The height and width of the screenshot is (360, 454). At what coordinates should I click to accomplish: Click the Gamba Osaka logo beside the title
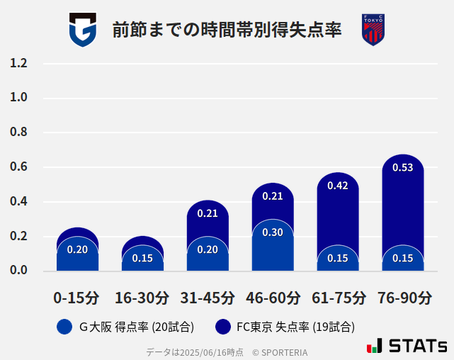point(82,30)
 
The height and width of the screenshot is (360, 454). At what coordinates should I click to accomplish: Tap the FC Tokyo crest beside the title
point(373,30)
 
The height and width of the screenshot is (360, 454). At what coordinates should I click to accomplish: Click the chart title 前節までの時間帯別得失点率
point(227,30)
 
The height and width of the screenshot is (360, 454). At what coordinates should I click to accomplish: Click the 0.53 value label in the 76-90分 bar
point(402,168)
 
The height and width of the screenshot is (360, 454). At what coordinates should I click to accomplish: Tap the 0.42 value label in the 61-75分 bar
point(338,186)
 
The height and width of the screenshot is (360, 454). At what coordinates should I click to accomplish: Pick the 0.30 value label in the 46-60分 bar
point(273,232)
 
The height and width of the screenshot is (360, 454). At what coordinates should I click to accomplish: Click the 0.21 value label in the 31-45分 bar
point(208,213)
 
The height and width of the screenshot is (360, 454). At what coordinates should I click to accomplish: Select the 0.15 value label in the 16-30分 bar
point(142,258)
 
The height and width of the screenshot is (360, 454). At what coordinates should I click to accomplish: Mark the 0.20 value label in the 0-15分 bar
point(77,249)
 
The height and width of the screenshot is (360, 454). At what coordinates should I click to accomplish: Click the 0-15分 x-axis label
point(76,298)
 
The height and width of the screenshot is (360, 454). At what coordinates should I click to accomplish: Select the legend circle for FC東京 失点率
point(223,327)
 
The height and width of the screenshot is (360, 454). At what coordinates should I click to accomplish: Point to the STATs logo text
point(417,347)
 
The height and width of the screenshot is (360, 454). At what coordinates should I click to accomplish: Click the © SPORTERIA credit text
point(280,352)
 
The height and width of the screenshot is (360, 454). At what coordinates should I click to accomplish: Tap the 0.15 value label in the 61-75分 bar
point(338,258)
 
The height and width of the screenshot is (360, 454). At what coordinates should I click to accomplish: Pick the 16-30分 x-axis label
point(142,298)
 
